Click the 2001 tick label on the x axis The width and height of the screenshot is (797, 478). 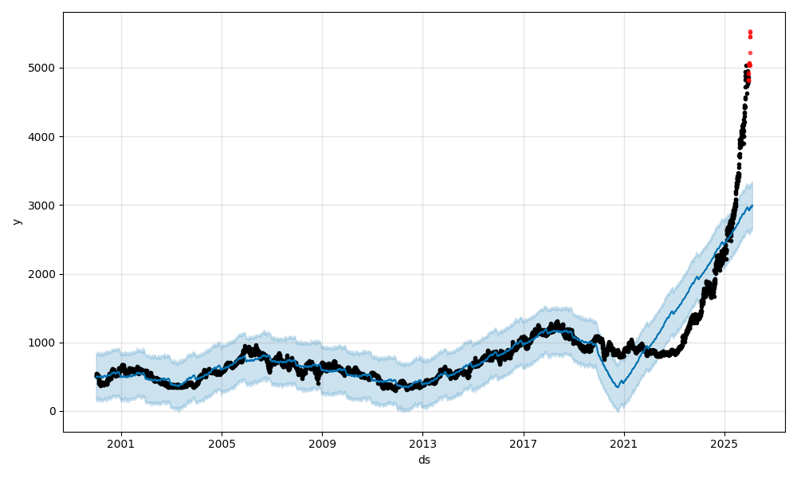pyautogui.click(x=121, y=444)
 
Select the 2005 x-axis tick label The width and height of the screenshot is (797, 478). pyautogui.click(x=222, y=444)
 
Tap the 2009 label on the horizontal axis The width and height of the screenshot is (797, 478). pyautogui.click(x=322, y=444)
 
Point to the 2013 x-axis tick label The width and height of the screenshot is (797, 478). pyautogui.click(x=423, y=444)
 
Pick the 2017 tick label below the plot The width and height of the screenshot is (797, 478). pyautogui.click(x=524, y=444)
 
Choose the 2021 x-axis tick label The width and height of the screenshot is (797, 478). pyautogui.click(x=624, y=444)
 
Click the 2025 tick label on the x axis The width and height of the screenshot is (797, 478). pyautogui.click(x=724, y=444)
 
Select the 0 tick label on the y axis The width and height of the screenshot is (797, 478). pyautogui.click(x=53, y=411)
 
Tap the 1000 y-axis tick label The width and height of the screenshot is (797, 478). pyautogui.click(x=43, y=343)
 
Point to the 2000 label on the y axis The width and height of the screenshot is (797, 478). pyautogui.click(x=43, y=274)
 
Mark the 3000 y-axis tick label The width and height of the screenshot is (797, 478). pyautogui.click(x=43, y=206)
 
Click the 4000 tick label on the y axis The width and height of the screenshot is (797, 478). pyautogui.click(x=43, y=137)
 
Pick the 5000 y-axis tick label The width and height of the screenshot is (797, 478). pyautogui.click(x=43, y=69)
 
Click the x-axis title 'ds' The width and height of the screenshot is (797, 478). pyautogui.click(x=424, y=460)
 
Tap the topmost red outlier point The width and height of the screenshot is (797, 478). pyautogui.click(x=750, y=32)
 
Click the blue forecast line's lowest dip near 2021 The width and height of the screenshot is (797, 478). pyautogui.click(x=619, y=386)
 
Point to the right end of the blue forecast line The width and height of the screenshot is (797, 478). pyautogui.click(x=752, y=206)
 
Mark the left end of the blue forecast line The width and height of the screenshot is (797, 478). pyautogui.click(x=96, y=377)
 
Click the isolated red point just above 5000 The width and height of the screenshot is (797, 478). pyautogui.click(x=750, y=53)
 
